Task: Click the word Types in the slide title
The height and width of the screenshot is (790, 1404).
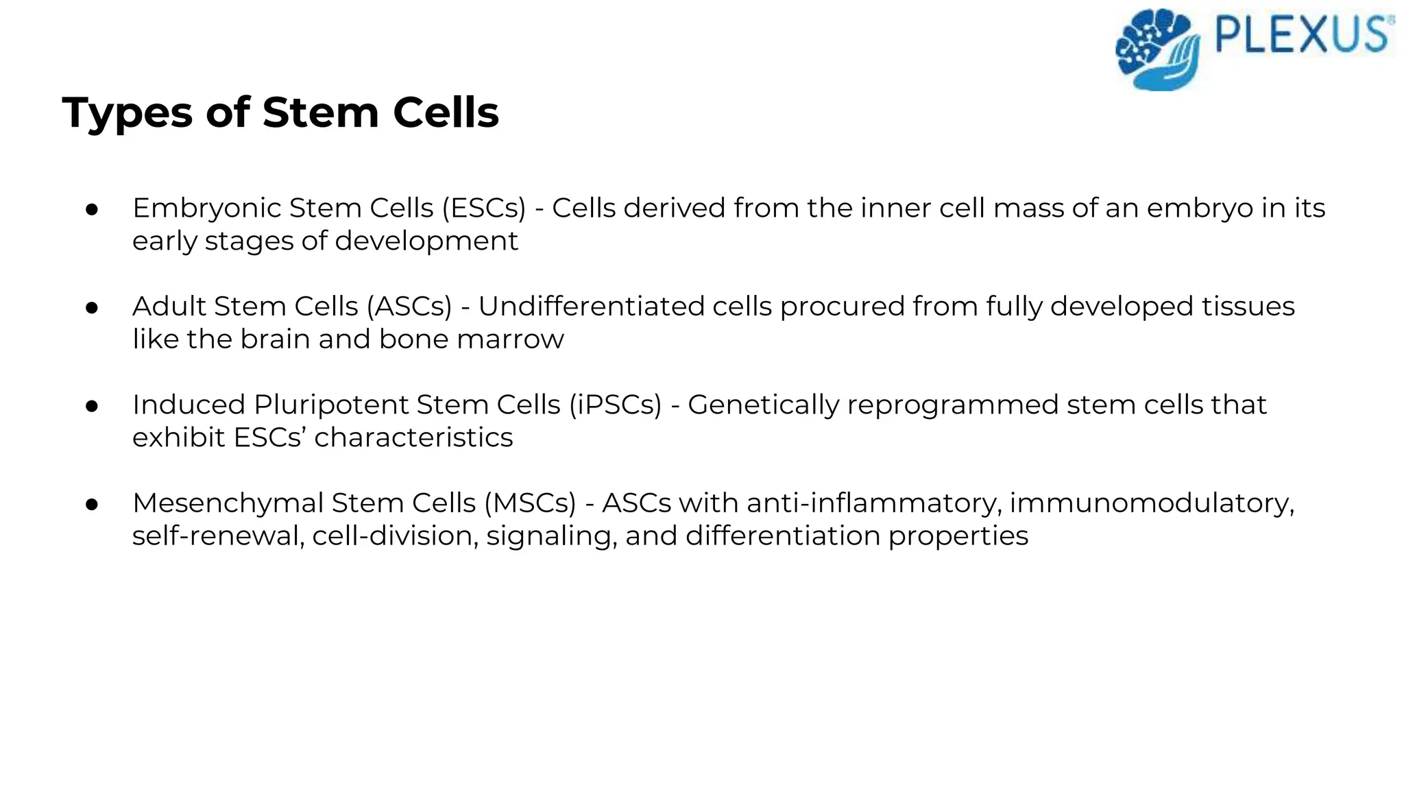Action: (127, 113)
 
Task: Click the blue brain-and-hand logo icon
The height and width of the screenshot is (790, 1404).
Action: (1158, 50)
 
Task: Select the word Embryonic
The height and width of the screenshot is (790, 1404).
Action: (206, 208)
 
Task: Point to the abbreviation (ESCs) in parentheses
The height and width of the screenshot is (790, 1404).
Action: (483, 208)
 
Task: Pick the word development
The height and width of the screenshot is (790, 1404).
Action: (426, 241)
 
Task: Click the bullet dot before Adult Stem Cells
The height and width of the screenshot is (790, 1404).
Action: (93, 308)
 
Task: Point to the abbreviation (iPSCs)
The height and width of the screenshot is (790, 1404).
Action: (615, 405)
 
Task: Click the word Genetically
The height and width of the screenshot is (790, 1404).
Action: (763, 405)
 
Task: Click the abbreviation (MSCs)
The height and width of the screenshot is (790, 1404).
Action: (530, 503)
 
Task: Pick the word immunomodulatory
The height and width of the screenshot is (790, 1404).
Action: (1152, 503)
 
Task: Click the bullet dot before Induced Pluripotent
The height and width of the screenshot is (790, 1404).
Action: (93, 406)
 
